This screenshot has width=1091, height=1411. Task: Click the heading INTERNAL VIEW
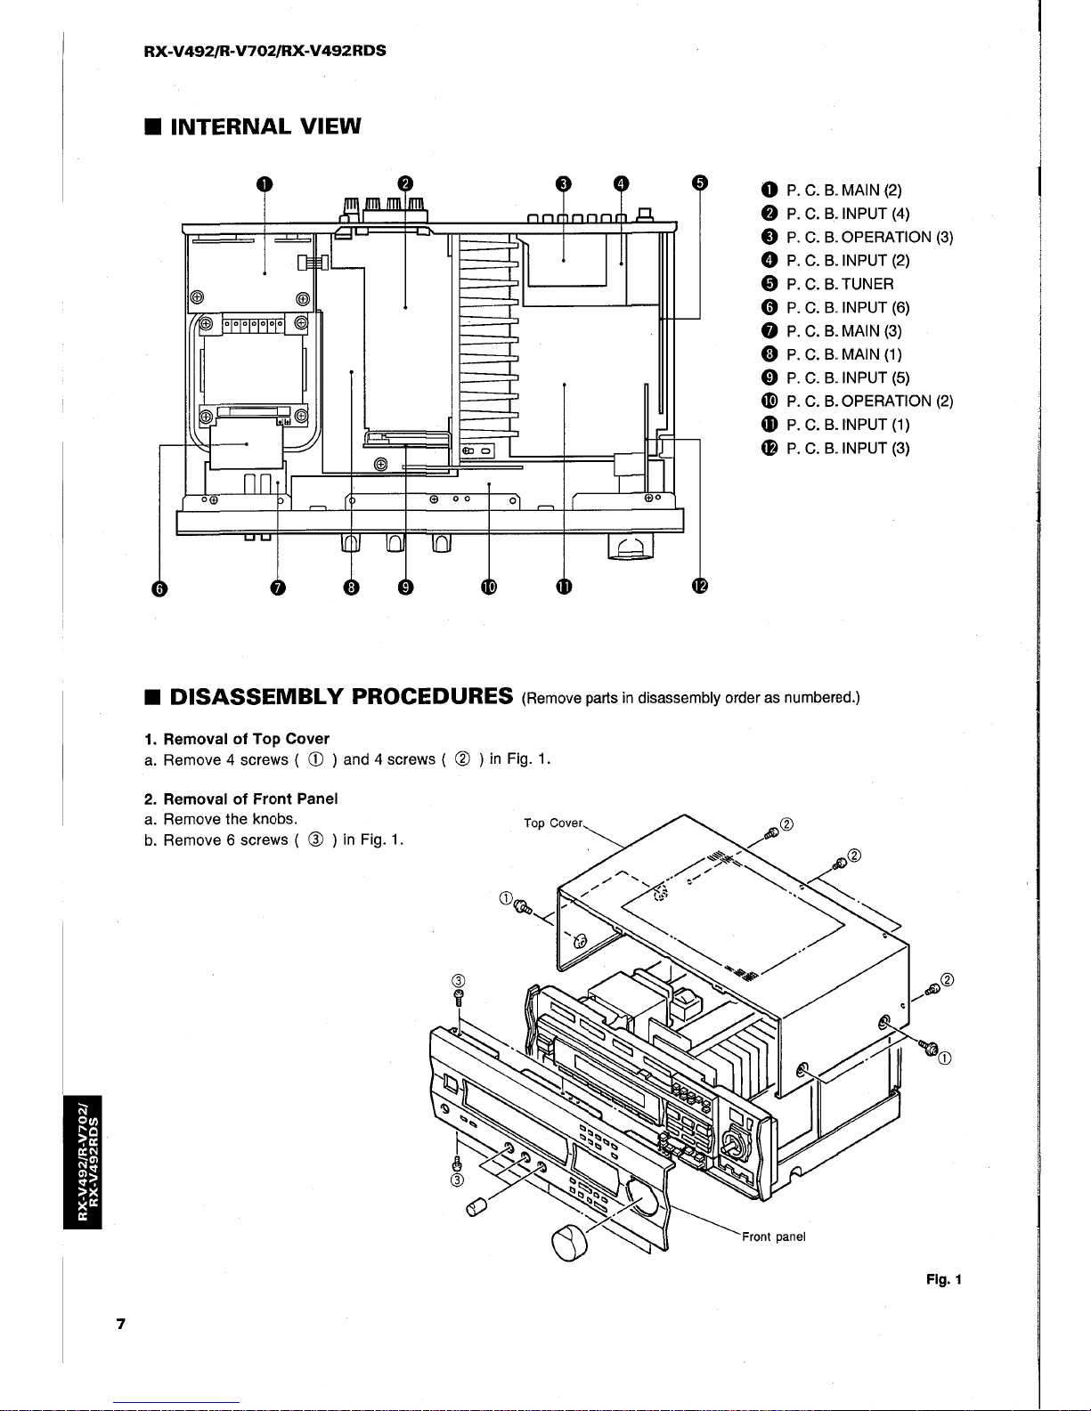265,126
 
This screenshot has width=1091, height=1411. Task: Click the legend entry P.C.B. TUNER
840,284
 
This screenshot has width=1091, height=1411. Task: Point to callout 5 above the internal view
700,183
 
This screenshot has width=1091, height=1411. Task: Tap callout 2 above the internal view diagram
405,183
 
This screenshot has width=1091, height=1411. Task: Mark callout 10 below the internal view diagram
488,586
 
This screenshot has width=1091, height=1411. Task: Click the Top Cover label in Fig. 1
552,823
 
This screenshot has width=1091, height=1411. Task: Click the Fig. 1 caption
943,1280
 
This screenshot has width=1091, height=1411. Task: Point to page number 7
120,1324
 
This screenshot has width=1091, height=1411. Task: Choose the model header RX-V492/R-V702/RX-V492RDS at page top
265,51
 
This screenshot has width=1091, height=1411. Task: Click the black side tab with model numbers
85,1158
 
